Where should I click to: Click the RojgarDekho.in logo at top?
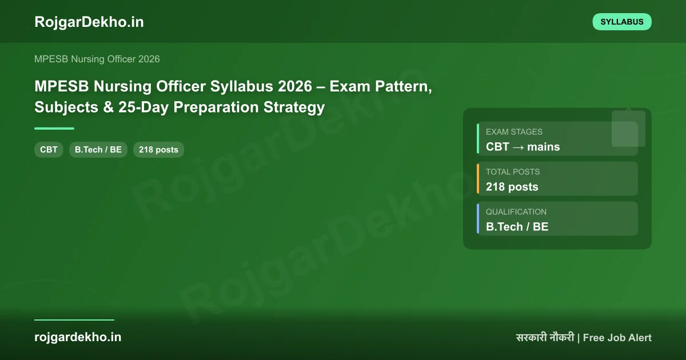pyautogui.click(x=89, y=22)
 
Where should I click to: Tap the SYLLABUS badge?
pyautogui.click(x=622, y=22)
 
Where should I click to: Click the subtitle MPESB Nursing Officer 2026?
pyautogui.click(x=97, y=59)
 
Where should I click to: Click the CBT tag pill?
pyautogui.click(x=49, y=150)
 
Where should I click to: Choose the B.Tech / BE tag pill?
pyautogui.click(x=98, y=150)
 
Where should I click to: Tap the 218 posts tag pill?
pyautogui.click(x=158, y=150)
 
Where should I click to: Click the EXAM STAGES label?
pyautogui.click(x=514, y=131)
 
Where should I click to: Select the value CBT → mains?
pyautogui.click(x=523, y=147)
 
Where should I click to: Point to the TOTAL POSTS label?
pyautogui.click(x=513, y=171)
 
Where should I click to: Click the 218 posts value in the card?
pyautogui.click(x=512, y=187)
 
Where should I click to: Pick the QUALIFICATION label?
pyautogui.click(x=516, y=211)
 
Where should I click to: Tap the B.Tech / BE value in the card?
pyautogui.click(x=517, y=227)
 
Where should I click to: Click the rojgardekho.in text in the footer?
pyautogui.click(x=78, y=337)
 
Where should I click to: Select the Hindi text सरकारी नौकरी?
pyautogui.click(x=545, y=338)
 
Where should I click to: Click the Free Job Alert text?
pyautogui.click(x=617, y=338)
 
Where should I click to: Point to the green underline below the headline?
pyautogui.click(x=54, y=129)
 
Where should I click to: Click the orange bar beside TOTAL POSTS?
pyautogui.click(x=478, y=178)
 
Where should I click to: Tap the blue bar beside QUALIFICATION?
pyautogui.click(x=478, y=218)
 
